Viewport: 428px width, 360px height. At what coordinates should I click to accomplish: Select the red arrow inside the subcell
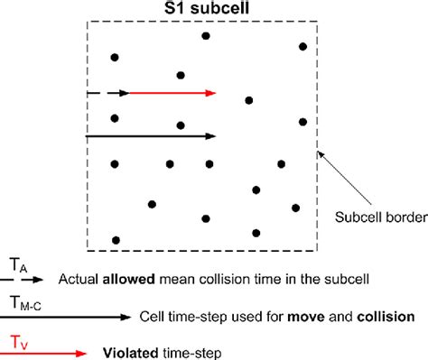click(x=172, y=93)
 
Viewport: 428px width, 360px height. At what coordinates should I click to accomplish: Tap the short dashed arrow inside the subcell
click(x=107, y=93)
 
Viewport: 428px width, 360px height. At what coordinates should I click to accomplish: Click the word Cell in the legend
click(x=154, y=317)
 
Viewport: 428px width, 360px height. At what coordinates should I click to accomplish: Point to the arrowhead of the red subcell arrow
click(x=211, y=93)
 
